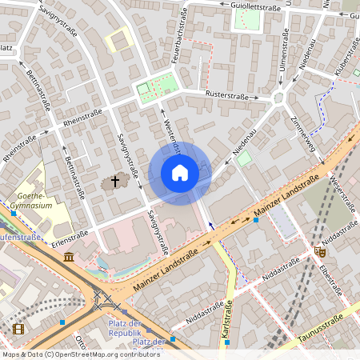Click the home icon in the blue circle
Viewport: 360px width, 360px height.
[x=180, y=172]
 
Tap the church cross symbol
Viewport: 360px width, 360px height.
[x=114, y=182]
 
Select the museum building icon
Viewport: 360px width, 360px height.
[x=69, y=257]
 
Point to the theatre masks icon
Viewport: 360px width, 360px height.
[x=321, y=251]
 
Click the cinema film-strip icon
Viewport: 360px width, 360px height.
[x=18, y=329]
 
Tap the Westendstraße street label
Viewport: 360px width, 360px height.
[x=169, y=133]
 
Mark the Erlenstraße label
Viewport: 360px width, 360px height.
[x=68, y=238]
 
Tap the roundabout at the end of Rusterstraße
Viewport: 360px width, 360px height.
[x=278, y=98]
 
